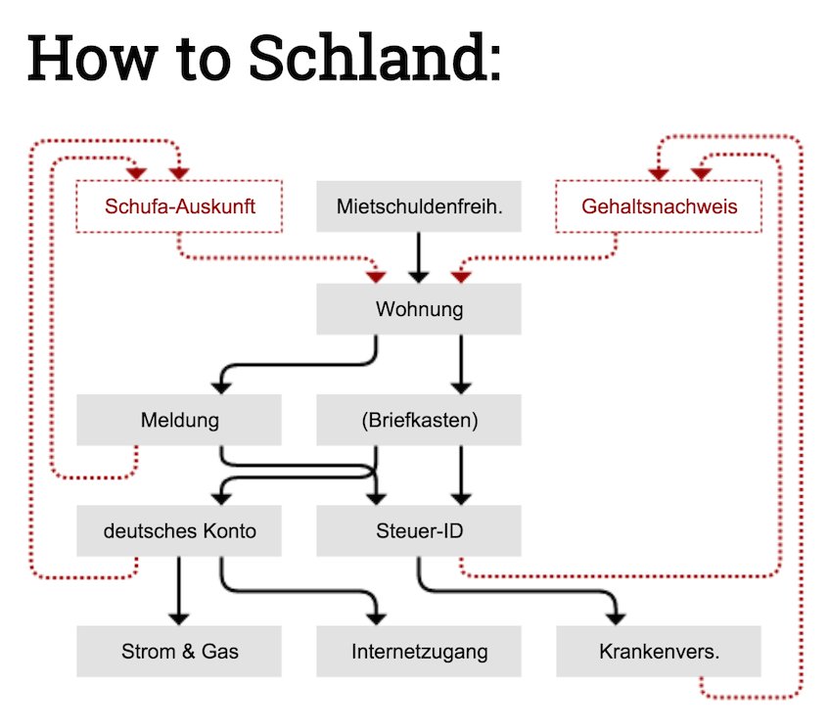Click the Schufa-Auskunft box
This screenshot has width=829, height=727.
click(178, 206)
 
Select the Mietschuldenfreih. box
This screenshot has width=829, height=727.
click(419, 206)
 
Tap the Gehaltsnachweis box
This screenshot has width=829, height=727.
click(659, 206)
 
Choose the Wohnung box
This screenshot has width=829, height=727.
click(419, 310)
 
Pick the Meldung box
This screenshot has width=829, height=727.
click(178, 421)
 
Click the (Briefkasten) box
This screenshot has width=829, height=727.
click(419, 421)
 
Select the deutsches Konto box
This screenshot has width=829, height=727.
click(178, 531)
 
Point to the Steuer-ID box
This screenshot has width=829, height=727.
click(419, 531)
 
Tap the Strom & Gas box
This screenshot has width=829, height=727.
click(178, 651)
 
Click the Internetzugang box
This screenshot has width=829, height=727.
click(419, 651)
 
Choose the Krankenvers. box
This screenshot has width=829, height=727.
click(659, 651)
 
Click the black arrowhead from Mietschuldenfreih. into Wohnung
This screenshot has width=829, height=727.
click(419, 276)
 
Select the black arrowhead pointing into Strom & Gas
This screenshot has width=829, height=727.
click(178, 616)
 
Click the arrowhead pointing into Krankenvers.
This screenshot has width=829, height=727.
click(616, 616)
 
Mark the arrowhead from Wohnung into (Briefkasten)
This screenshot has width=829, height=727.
click(461, 386)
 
